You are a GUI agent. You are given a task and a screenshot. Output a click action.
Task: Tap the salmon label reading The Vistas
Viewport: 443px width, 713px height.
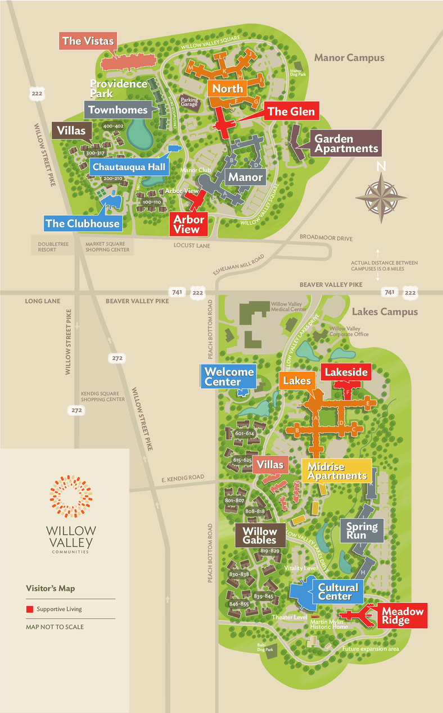[88, 41]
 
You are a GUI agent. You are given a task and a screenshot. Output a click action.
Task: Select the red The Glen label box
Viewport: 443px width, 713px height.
[291, 111]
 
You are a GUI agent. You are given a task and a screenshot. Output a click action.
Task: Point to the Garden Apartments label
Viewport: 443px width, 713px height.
[345, 143]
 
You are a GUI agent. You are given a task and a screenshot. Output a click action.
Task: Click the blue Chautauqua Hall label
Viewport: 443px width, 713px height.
[129, 167]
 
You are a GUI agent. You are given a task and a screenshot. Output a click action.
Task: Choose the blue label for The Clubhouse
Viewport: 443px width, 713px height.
[83, 223]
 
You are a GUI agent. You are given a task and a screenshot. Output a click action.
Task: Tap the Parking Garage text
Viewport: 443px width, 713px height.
[189, 102]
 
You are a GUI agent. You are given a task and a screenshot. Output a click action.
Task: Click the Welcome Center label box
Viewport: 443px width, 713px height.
[229, 376]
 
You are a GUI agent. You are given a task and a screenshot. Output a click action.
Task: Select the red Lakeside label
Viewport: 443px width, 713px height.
[346, 372]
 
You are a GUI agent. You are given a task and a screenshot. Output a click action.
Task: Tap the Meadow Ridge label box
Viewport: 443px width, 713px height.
[402, 616]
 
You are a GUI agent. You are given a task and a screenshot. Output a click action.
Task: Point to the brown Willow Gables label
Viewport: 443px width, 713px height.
[260, 535]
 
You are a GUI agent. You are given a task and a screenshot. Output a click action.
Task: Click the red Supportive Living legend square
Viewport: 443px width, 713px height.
[29, 608]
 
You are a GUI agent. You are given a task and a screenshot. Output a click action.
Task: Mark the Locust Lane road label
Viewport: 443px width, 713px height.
[192, 246]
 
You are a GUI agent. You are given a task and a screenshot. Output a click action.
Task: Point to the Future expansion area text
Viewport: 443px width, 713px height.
[370, 649]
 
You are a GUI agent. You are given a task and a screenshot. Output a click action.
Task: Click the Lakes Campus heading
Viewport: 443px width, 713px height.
[385, 312]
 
